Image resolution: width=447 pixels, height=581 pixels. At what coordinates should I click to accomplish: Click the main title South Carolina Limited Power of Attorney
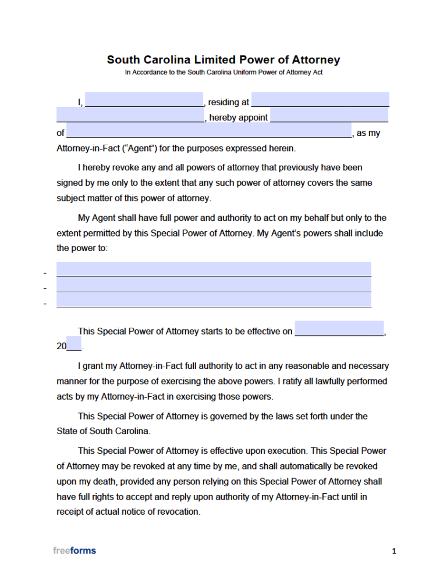coord(223,60)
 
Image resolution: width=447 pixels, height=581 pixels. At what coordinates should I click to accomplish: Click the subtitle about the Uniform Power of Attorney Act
coord(223,73)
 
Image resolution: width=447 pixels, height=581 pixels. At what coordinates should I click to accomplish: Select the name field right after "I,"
coord(144,99)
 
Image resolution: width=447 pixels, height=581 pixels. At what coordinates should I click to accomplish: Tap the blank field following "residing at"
coord(320,99)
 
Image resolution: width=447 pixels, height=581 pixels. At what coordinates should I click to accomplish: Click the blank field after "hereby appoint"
coord(329,115)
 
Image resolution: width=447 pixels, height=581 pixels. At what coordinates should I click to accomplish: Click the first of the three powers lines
coord(214,269)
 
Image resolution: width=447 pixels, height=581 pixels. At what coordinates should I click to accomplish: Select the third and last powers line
coord(214,300)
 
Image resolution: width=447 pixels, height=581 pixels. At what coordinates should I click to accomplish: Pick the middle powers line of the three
coord(214,285)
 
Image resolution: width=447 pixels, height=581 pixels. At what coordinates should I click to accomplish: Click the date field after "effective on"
coord(339,328)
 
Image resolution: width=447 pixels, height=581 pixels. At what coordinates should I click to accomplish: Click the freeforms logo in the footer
coord(74,550)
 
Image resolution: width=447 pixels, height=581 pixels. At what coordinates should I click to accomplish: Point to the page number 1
coord(394,551)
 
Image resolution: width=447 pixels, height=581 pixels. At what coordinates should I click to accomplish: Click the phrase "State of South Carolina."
coord(104,432)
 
